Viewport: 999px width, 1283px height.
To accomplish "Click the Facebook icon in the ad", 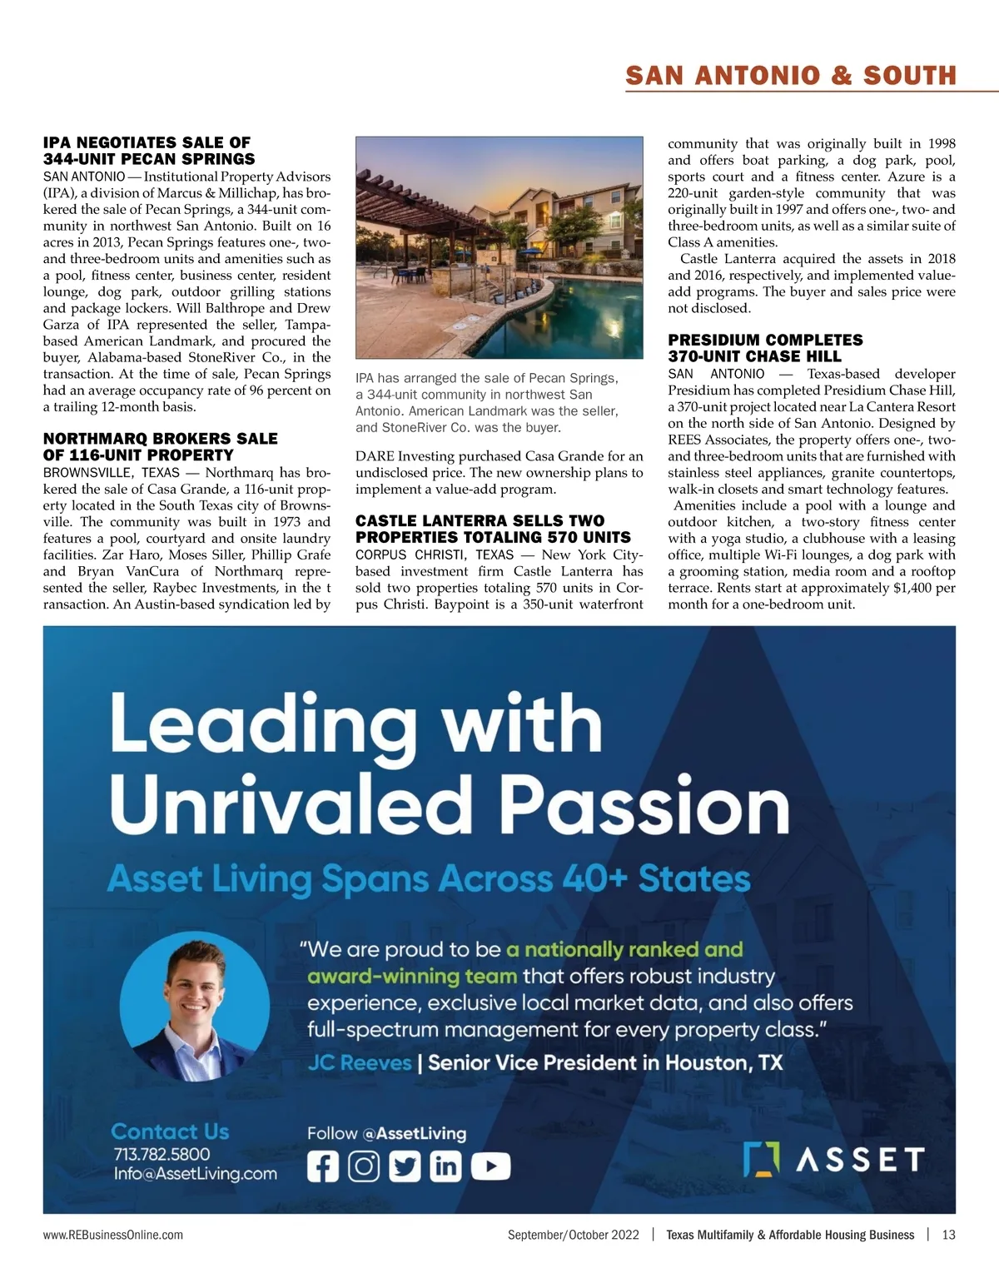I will [323, 1166].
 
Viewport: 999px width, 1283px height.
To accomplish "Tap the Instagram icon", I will [364, 1166].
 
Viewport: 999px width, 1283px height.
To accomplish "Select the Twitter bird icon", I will [405, 1166].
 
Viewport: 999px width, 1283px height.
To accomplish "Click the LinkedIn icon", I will [446, 1166].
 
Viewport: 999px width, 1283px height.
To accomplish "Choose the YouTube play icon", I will [490, 1166].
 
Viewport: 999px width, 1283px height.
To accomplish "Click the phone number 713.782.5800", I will [162, 1154].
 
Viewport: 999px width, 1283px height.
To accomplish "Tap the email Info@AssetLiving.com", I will [195, 1174].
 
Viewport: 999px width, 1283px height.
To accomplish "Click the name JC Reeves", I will [360, 1063].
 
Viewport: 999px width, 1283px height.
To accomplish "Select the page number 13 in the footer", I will [948, 1235].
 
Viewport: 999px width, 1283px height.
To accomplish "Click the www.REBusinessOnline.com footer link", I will [113, 1235].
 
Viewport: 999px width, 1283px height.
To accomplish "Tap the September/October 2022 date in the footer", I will [574, 1235].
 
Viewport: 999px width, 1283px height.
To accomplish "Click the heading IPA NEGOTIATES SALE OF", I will [147, 142].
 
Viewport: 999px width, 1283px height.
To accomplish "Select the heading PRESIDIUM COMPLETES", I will [765, 340].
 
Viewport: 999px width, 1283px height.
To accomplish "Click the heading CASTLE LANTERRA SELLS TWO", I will [480, 521].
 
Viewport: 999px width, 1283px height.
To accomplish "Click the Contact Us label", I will [170, 1131].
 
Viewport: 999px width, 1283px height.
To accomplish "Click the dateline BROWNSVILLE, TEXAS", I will [112, 472].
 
